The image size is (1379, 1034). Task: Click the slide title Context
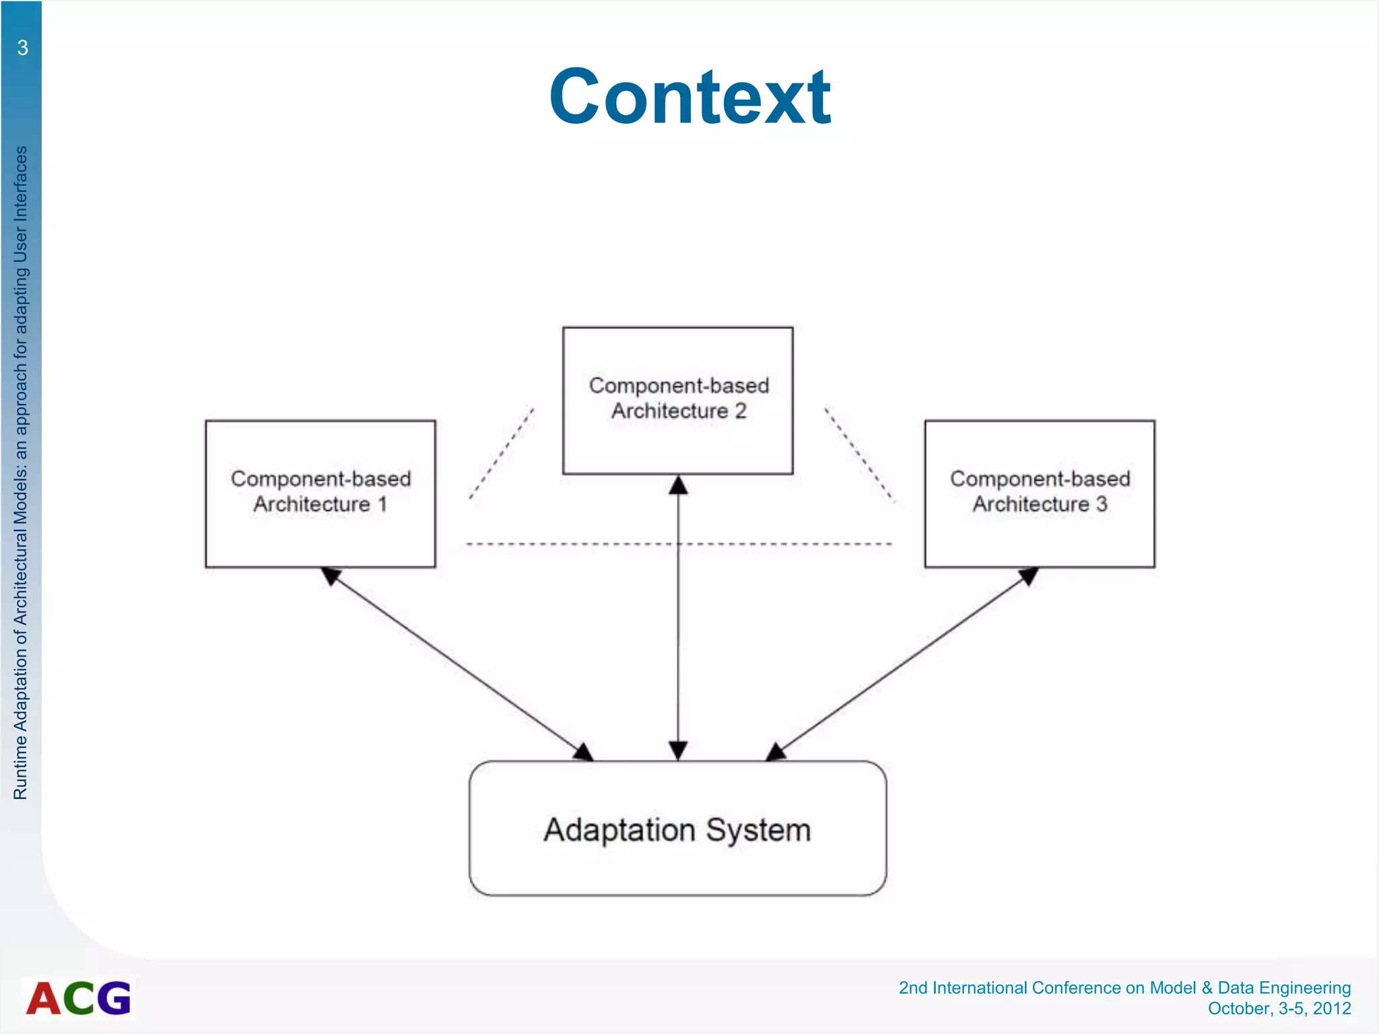(x=689, y=98)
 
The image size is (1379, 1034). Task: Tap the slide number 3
(x=22, y=48)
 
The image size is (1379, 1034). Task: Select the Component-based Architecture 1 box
(x=321, y=493)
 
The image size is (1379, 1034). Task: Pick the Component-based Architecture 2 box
(x=677, y=401)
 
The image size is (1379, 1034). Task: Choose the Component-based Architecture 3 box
(x=1040, y=493)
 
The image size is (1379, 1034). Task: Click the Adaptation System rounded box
(x=677, y=828)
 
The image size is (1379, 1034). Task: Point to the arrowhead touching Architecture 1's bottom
(x=331, y=575)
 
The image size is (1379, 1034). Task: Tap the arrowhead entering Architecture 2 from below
(x=678, y=485)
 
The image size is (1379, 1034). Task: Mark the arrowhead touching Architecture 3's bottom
(x=1028, y=576)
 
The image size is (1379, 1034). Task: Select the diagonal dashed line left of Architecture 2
(x=502, y=453)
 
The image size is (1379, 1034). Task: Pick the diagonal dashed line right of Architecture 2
(x=860, y=454)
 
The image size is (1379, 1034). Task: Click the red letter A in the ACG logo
(x=44, y=998)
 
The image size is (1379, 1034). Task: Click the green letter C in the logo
(x=80, y=998)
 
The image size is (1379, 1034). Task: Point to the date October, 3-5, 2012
(x=1279, y=1008)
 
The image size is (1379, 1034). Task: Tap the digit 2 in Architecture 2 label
(x=740, y=411)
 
